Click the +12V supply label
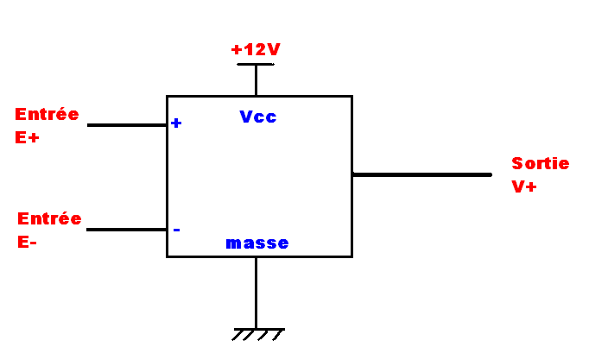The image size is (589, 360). tap(256, 49)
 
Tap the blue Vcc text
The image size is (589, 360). tap(258, 117)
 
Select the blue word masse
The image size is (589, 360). tap(257, 243)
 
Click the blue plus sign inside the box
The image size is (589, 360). tap(176, 123)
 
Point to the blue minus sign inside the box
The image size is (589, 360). tap(176, 230)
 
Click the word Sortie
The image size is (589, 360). tap(541, 163)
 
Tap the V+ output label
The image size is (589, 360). tap(523, 186)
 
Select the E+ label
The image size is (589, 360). tap(28, 136)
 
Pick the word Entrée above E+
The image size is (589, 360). tap(47, 114)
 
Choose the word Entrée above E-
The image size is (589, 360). tap(49, 218)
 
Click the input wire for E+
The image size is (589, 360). tap(127, 125)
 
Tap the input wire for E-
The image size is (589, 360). tap(127, 230)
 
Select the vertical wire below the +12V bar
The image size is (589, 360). tap(256, 80)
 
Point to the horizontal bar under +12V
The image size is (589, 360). tap(256, 64)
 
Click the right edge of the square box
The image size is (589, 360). tap(351, 216)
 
